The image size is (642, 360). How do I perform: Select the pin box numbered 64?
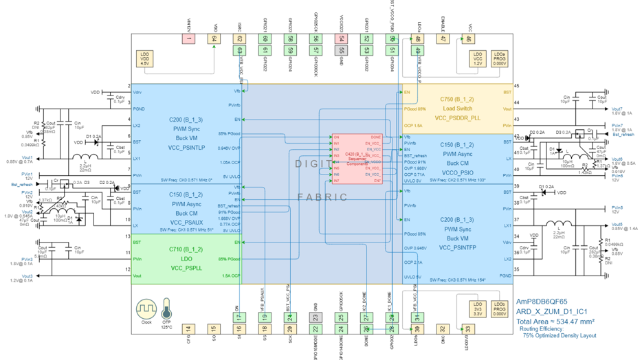[x=214, y=39]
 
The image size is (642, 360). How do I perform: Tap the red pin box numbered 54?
[x=341, y=39]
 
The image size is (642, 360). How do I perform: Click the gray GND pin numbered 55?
[x=341, y=50]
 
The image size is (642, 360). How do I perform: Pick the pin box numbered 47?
[x=443, y=39]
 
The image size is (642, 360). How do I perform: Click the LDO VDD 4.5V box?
[x=144, y=58]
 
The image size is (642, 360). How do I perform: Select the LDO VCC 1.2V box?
[x=477, y=58]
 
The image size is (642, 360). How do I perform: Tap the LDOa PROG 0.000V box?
[x=500, y=58]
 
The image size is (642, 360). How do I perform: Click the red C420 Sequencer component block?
[x=357, y=158]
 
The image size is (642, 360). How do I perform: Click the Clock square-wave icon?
[x=146, y=307]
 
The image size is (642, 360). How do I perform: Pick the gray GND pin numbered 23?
[x=316, y=317]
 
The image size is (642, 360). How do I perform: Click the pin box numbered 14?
[x=188, y=329]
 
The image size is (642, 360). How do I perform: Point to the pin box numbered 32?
[x=443, y=329]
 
